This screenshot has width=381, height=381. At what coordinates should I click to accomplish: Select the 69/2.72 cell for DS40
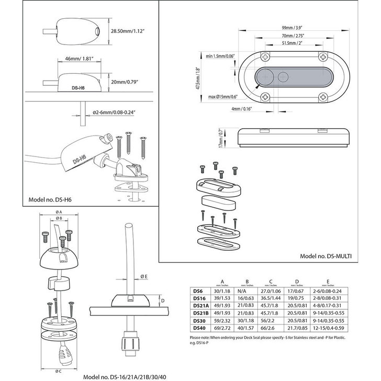click(218, 329)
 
